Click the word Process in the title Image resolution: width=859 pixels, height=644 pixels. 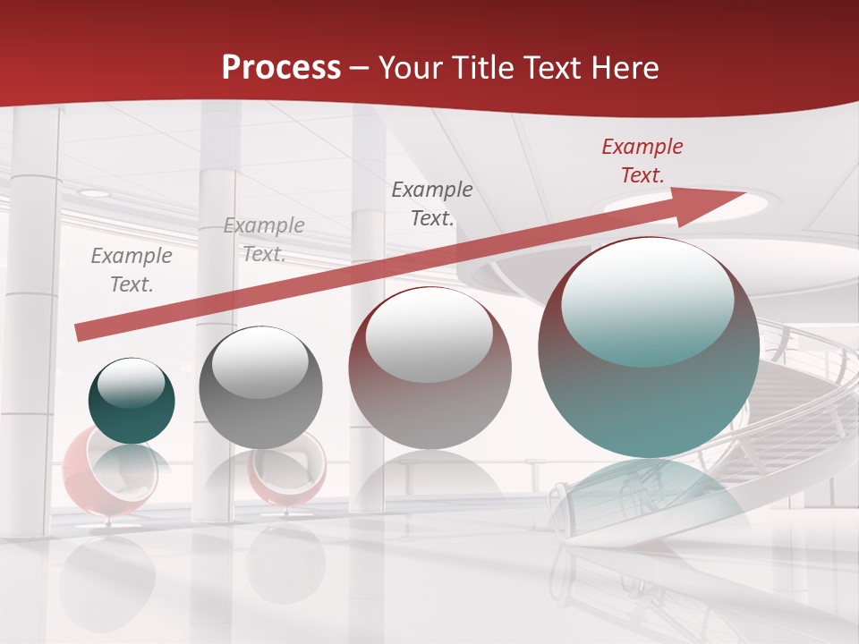click(x=281, y=68)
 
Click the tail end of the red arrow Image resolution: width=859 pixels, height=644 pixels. click(x=81, y=332)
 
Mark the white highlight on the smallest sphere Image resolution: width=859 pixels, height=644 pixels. click(x=131, y=383)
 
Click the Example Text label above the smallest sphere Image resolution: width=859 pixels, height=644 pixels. click(x=132, y=270)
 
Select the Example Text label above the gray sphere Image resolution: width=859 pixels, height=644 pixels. click(x=263, y=240)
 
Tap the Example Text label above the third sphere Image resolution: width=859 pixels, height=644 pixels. click(x=432, y=204)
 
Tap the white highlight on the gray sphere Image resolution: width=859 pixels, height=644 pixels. click(x=259, y=363)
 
